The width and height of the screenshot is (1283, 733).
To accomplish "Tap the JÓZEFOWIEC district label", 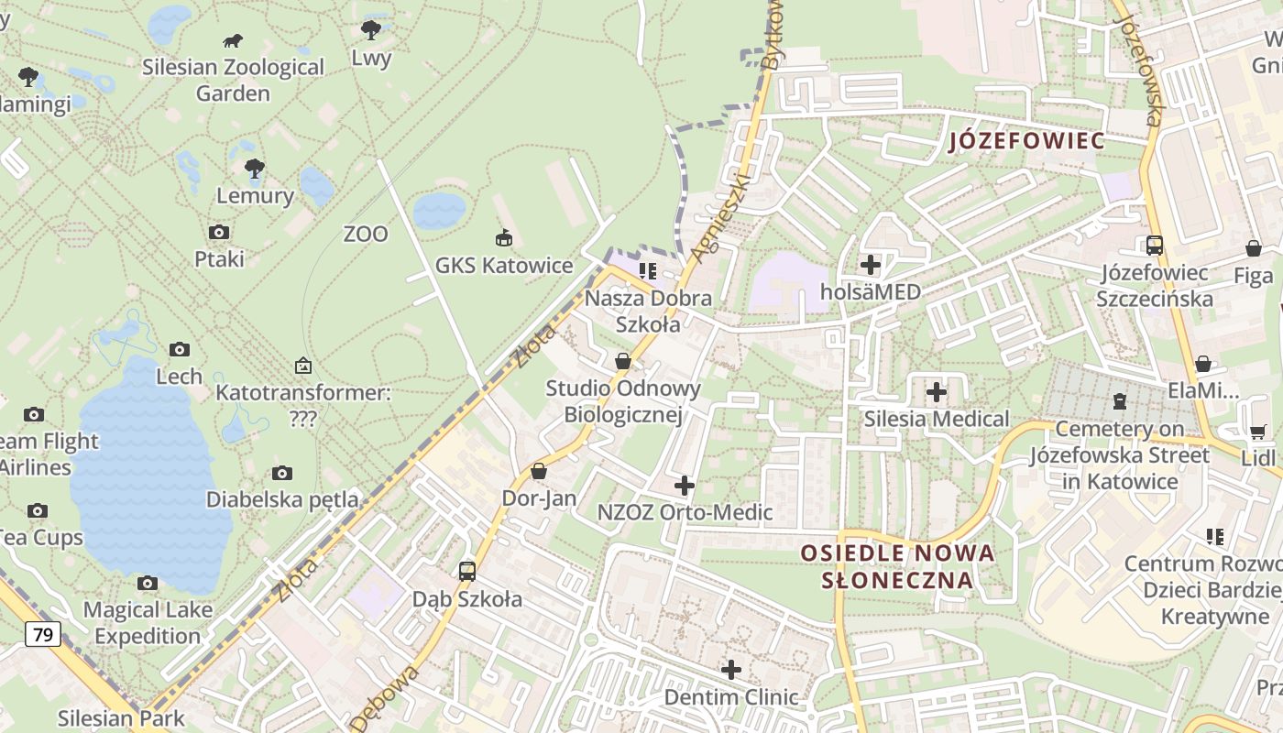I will coord(1026,141).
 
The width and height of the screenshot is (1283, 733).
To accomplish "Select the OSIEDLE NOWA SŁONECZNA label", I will coord(897,566).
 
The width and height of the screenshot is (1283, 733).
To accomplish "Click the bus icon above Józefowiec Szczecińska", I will coord(1155,246).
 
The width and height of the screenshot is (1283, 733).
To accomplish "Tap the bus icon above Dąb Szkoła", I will coord(467,572).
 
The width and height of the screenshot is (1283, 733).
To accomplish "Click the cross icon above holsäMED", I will coord(871,266).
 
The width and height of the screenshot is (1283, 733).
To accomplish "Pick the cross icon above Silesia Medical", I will coord(936,392).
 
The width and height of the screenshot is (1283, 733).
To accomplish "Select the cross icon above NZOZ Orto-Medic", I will coord(684,486).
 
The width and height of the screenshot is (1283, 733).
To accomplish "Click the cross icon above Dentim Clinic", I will coord(730,670).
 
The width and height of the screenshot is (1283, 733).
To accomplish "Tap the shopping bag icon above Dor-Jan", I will coord(539,471).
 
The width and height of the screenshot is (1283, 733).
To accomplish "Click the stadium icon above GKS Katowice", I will coord(503,238).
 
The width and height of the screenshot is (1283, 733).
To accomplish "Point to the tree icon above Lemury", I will coord(255,168).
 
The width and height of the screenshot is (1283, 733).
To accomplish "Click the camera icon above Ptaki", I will coord(219,232).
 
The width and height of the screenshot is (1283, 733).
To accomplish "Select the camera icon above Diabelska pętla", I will coord(282,473).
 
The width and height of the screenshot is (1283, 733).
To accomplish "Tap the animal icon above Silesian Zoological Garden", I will coord(233,40).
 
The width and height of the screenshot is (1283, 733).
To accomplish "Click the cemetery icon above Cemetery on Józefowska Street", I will coord(1119,400).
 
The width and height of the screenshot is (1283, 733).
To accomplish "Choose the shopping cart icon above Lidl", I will coord(1257,432).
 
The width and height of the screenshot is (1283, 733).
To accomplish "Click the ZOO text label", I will coord(366,235).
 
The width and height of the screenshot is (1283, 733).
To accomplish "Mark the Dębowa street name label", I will coord(386,698).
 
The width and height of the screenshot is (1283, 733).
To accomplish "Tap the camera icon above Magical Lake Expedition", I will coord(148,583).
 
